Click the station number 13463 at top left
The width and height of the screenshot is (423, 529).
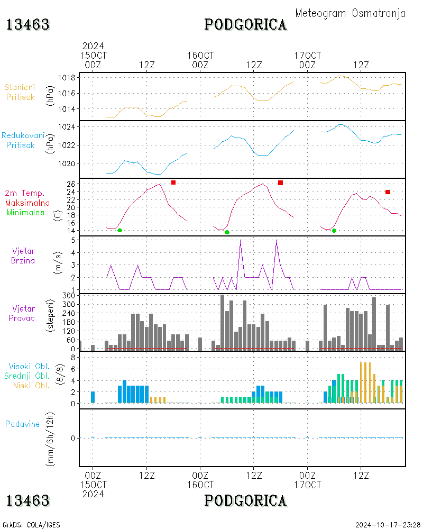(x=28, y=25)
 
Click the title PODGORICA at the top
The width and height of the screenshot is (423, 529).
(x=245, y=25)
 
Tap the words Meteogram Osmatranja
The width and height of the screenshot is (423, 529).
(x=350, y=14)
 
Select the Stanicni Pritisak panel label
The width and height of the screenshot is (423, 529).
(x=20, y=92)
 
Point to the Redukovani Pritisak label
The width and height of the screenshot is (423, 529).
(x=23, y=140)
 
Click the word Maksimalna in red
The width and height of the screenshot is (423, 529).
(x=27, y=203)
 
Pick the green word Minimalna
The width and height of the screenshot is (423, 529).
(x=25, y=213)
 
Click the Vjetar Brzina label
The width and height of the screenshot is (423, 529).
(x=23, y=256)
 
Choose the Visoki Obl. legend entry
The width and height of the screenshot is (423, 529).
(x=29, y=366)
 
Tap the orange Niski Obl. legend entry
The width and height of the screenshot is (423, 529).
(x=31, y=385)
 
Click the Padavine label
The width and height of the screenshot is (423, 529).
(x=22, y=424)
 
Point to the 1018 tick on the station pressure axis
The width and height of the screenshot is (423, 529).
(x=67, y=78)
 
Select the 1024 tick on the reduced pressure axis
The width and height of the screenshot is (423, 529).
(x=67, y=127)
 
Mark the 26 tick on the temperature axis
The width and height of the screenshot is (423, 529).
(x=71, y=184)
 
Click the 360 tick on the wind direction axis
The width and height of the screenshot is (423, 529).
(x=69, y=296)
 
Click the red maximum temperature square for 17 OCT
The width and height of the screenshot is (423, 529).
(x=388, y=192)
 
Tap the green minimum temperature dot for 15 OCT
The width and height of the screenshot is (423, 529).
(x=119, y=231)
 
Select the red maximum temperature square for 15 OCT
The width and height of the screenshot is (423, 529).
(x=173, y=183)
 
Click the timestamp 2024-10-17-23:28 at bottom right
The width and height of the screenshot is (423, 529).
(x=388, y=525)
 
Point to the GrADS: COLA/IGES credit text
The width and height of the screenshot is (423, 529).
(x=31, y=525)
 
